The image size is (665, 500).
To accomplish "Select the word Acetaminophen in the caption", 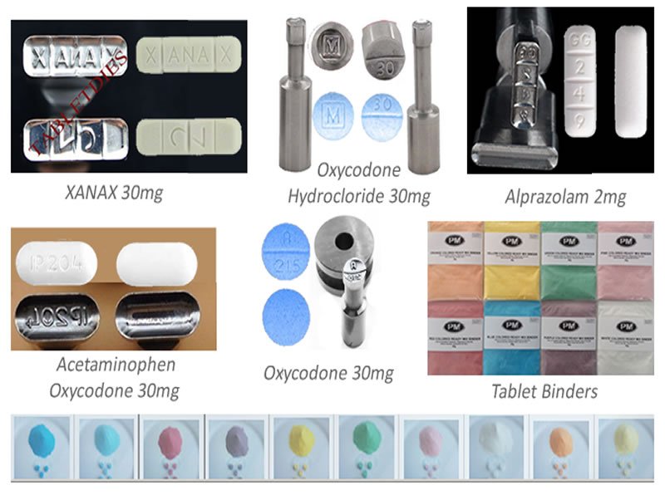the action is pos(91,365).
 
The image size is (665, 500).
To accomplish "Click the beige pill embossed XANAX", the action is pos(186,58).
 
